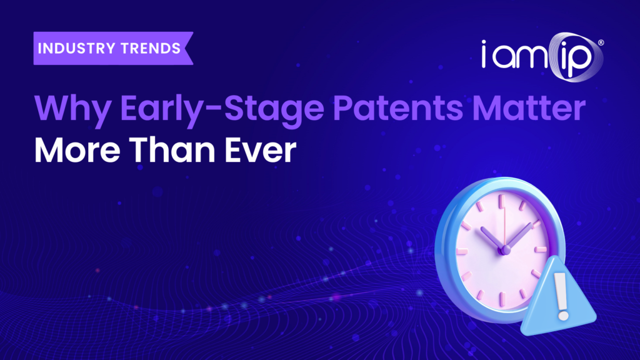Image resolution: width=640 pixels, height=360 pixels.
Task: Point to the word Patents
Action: [x=398, y=108]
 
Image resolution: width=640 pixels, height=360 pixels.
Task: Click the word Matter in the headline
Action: [x=529, y=108]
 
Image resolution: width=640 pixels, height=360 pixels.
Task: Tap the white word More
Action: [x=77, y=150]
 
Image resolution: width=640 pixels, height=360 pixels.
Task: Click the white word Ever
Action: [x=261, y=150]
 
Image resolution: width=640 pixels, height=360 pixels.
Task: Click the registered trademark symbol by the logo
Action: [x=601, y=42]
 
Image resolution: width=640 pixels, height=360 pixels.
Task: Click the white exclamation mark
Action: [x=562, y=296]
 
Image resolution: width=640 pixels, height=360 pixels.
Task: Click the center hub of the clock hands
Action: [x=506, y=250]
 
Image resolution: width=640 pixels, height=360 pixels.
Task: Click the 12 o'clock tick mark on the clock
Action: [x=502, y=201]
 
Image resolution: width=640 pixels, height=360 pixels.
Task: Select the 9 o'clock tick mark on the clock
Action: [x=462, y=251]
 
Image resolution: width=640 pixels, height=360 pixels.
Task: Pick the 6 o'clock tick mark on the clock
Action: [x=503, y=299]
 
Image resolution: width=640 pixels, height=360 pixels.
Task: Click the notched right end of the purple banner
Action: [x=189, y=49]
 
